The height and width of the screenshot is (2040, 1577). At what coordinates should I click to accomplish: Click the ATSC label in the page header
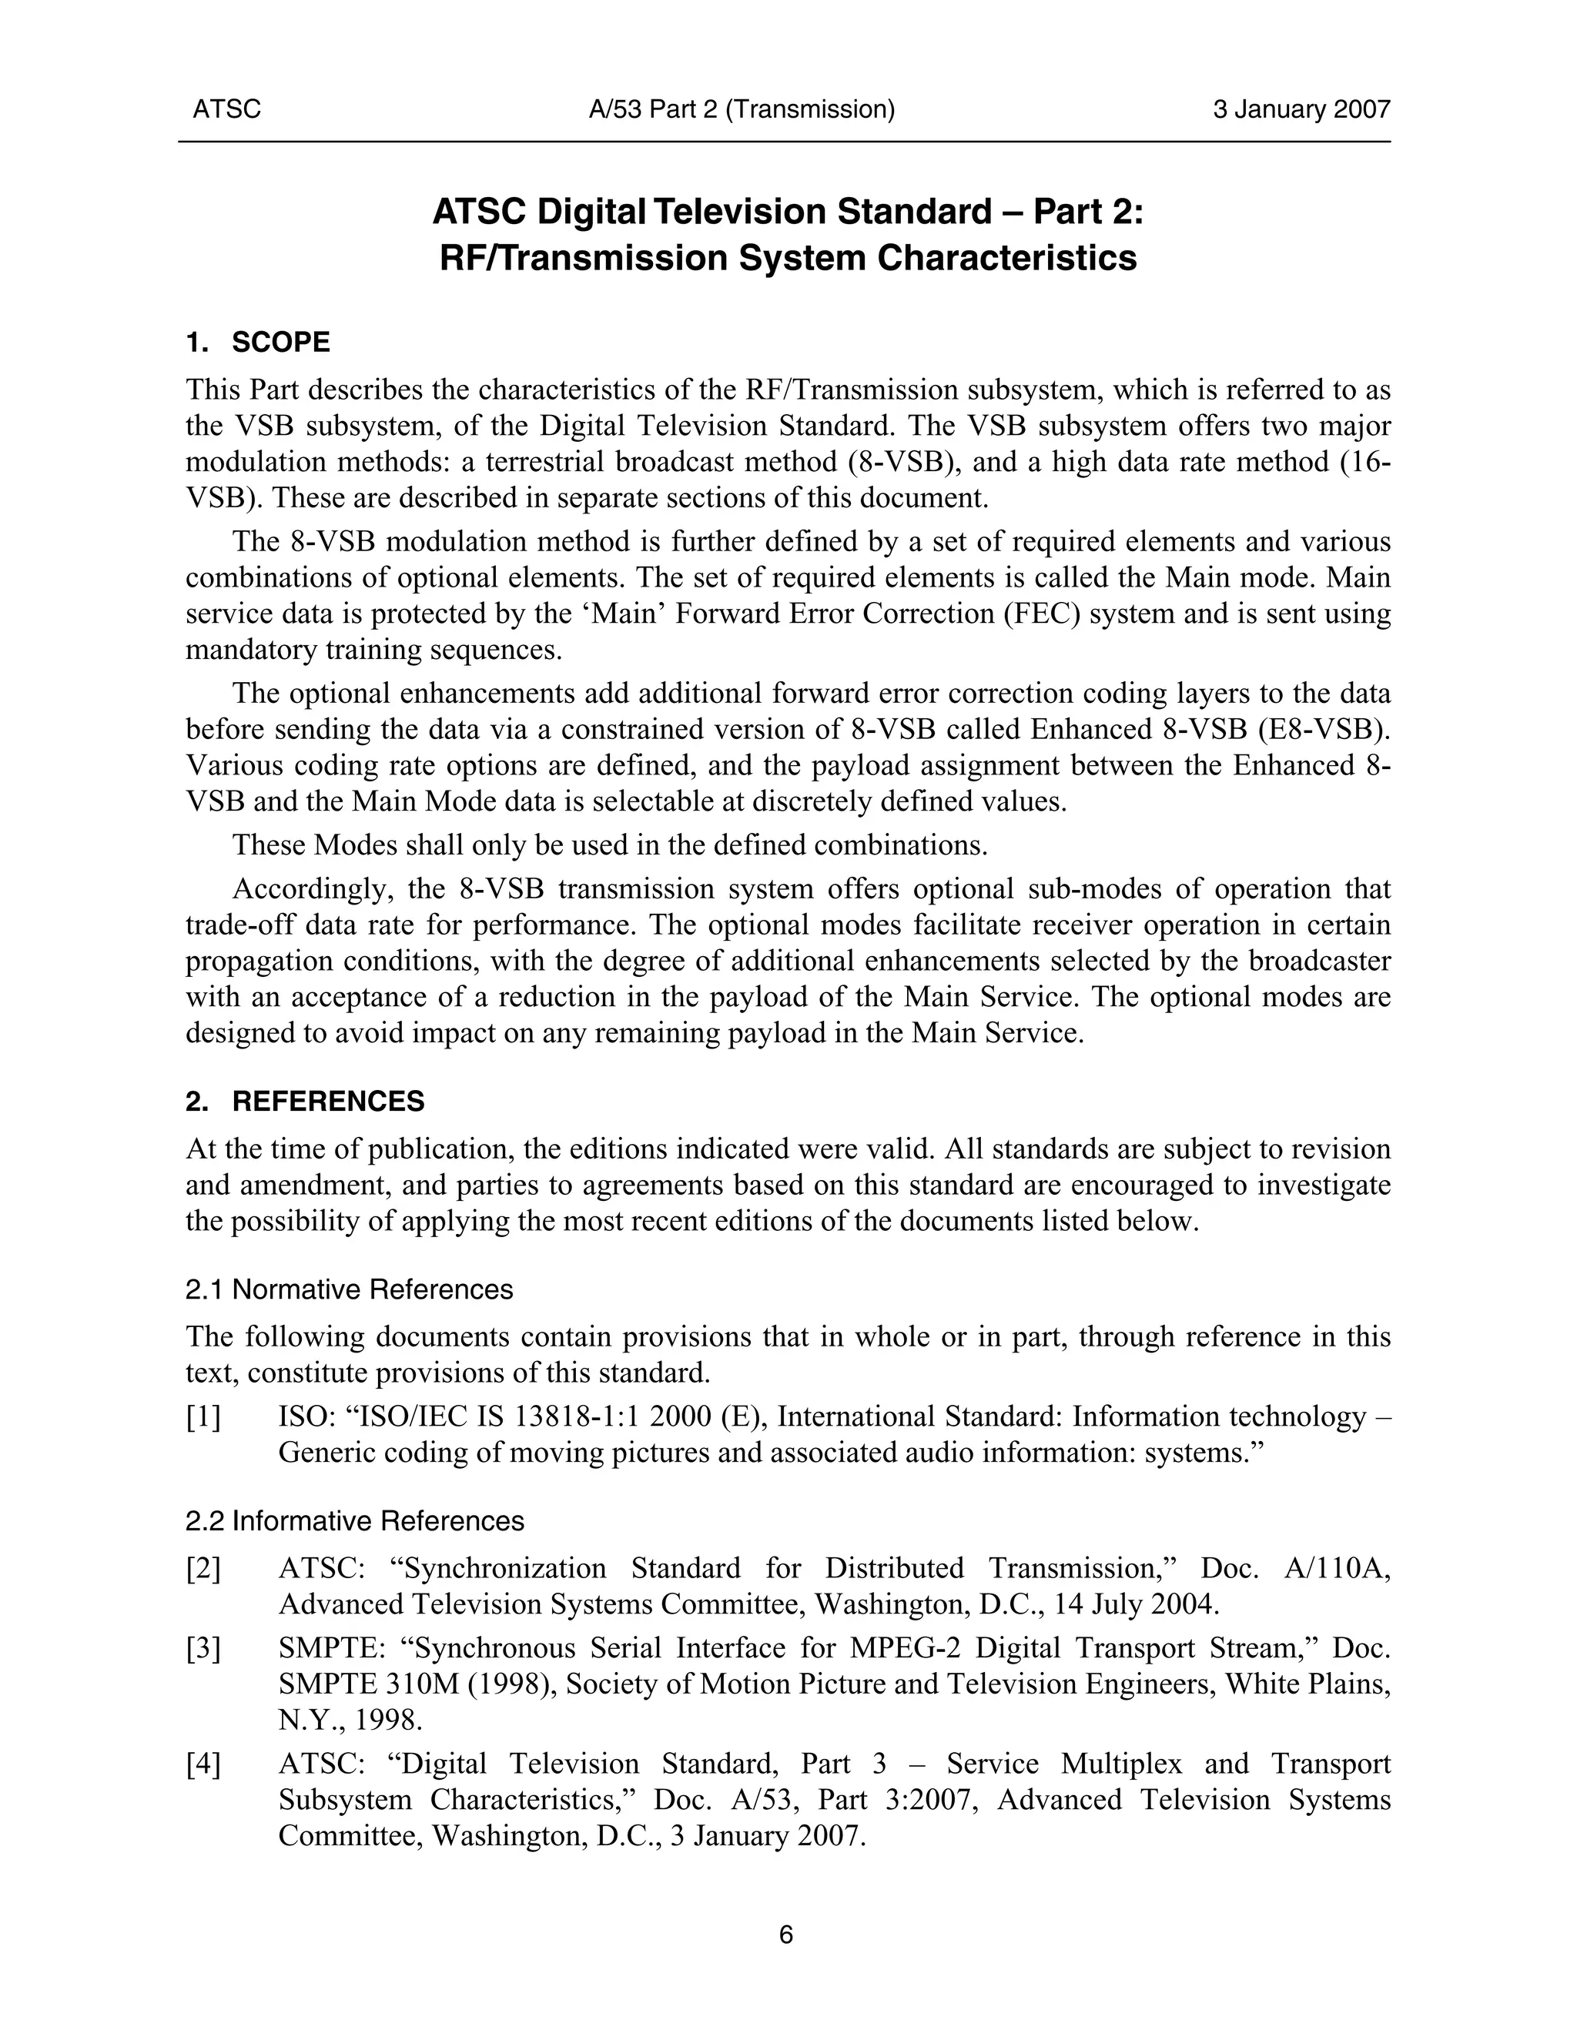[226, 110]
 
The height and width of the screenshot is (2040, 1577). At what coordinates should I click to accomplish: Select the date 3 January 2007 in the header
[1301, 110]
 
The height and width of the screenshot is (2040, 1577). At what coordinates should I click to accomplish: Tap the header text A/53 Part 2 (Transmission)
[742, 110]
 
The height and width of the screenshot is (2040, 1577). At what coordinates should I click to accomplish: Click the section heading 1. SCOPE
[258, 343]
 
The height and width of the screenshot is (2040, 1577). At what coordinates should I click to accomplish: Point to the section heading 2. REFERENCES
[305, 1102]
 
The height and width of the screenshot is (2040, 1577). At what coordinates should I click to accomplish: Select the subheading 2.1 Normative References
[350, 1290]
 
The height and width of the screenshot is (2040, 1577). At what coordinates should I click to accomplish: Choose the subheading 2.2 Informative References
[355, 1522]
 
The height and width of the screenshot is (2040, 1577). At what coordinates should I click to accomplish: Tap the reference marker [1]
[203, 1418]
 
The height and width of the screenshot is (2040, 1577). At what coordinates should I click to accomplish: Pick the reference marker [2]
[203, 1568]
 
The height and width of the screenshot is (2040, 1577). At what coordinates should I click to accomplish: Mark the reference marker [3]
[203, 1649]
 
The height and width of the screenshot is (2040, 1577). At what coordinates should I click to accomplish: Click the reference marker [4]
[203, 1764]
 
